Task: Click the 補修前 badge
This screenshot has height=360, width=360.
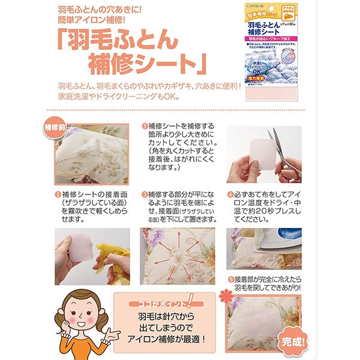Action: coord(57,127)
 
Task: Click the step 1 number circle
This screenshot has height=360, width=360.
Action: coord(145,127)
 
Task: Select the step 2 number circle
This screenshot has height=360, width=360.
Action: coord(58,195)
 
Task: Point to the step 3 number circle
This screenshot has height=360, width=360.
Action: coord(145,195)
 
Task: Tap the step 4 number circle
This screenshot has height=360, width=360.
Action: coord(230,195)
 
